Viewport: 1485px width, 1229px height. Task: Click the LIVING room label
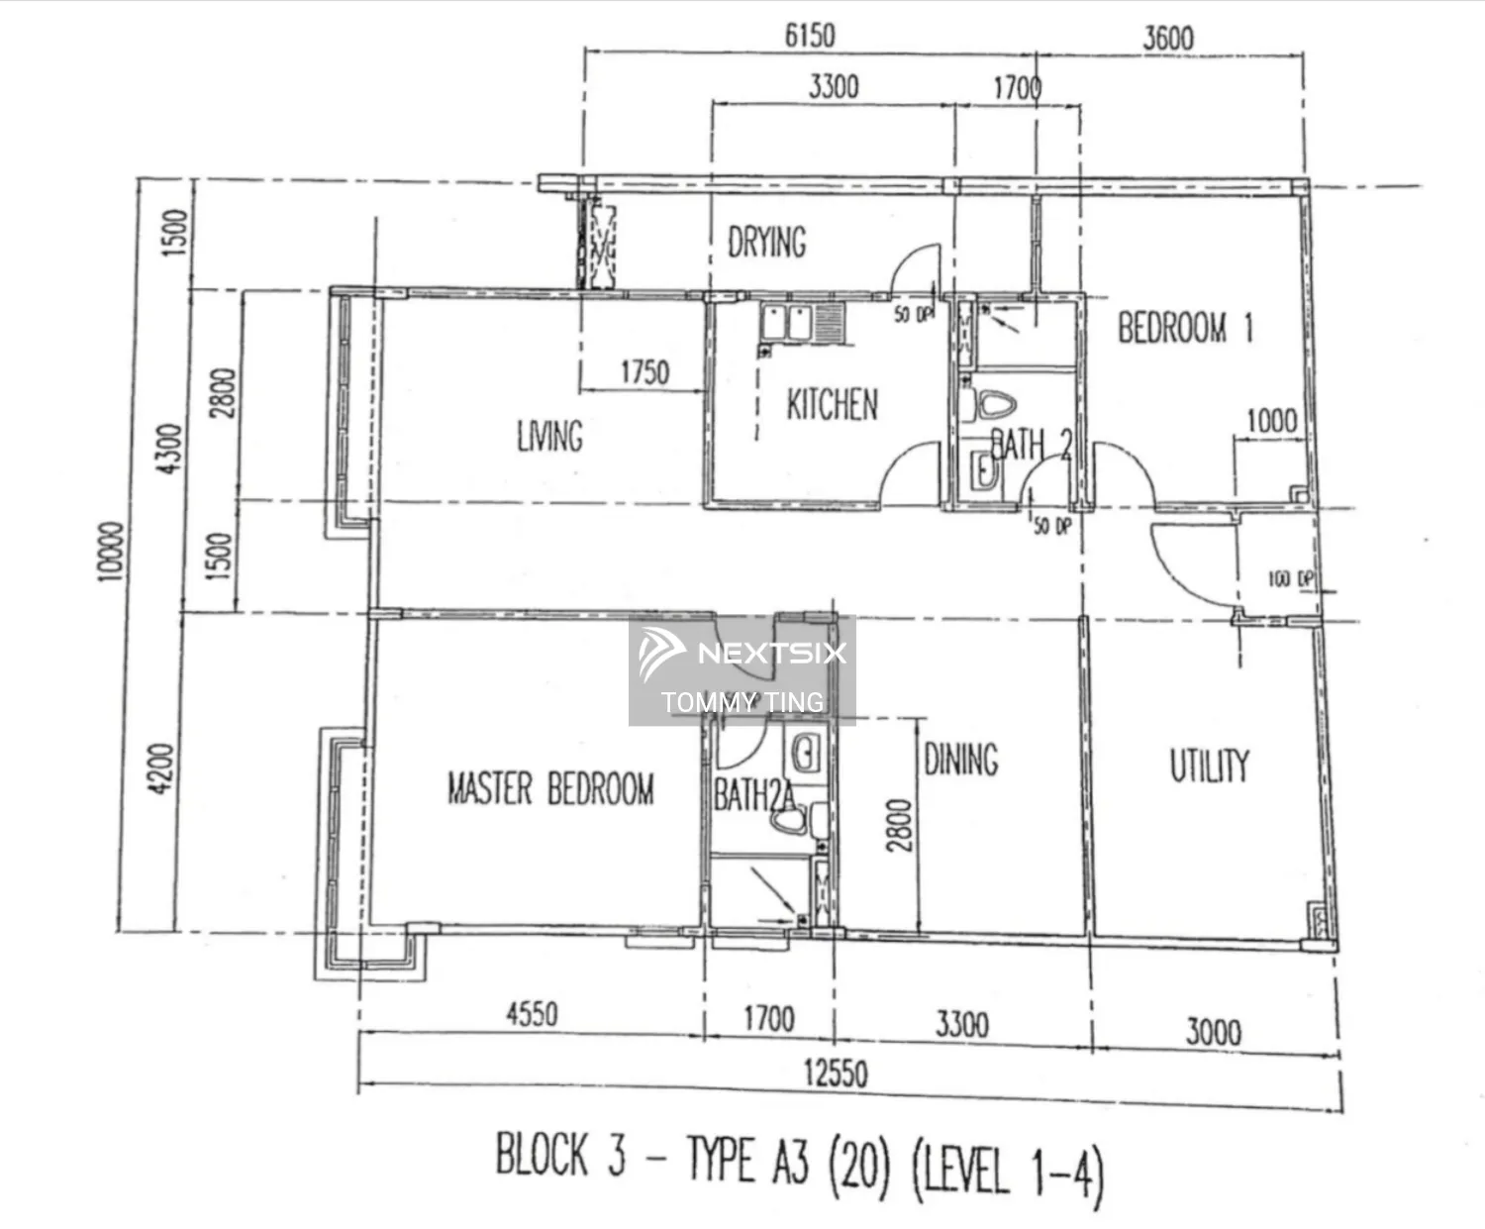click(x=549, y=436)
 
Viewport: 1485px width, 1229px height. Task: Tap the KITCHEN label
click(x=832, y=404)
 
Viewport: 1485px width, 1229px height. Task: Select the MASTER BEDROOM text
click(x=550, y=789)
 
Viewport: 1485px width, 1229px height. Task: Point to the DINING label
click(x=960, y=761)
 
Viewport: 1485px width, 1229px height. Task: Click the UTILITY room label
click(x=1209, y=766)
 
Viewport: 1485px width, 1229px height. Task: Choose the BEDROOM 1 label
click(x=1185, y=328)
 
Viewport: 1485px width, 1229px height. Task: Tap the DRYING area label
click(x=766, y=242)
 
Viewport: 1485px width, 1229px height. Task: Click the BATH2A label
click(x=752, y=795)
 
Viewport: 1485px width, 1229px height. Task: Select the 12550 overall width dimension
click(x=836, y=1073)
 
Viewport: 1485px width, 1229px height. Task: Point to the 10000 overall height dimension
click(x=111, y=552)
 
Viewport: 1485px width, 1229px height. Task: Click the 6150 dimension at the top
click(x=809, y=36)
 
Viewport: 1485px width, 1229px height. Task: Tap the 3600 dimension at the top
click(x=1168, y=38)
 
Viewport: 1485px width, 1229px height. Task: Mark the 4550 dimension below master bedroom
click(x=532, y=1014)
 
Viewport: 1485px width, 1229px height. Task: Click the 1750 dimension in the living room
click(x=644, y=372)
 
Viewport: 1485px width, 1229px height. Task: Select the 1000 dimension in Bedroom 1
click(x=1271, y=420)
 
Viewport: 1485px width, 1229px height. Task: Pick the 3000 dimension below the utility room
click(x=1213, y=1032)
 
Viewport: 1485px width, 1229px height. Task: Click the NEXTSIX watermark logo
click(x=742, y=654)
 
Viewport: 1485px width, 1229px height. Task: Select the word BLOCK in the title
click(x=542, y=1154)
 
